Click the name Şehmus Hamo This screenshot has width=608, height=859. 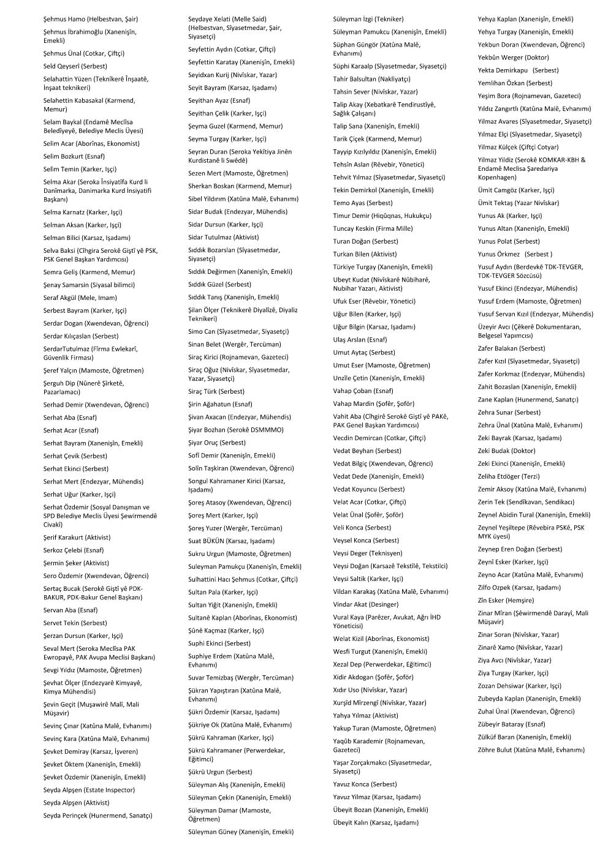64,19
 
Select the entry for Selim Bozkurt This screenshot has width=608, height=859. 65,156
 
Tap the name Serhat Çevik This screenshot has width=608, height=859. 66,456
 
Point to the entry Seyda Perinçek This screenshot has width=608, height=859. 67,816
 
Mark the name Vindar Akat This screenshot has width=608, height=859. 349,604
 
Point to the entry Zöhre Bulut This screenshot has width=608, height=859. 494,749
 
